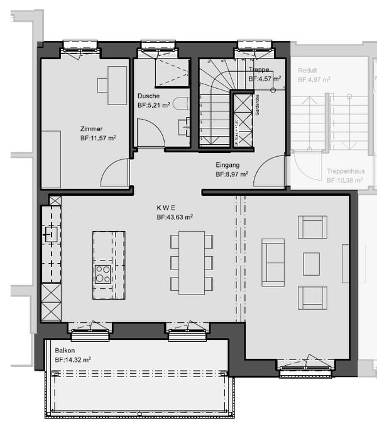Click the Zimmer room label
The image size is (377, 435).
point(91,128)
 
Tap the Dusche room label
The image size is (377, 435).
point(148,96)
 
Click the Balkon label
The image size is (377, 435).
point(65,350)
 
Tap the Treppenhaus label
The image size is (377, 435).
point(344,171)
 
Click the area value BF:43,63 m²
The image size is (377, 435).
point(175,217)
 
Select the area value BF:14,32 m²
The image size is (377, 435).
point(72,359)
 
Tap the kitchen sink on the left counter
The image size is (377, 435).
point(50,234)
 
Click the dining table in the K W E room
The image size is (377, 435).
point(192,263)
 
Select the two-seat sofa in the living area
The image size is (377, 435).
point(273,262)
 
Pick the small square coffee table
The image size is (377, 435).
point(312,264)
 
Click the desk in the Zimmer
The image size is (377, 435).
point(117,85)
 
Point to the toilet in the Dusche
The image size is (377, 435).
point(180,105)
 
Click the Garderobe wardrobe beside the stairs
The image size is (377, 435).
point(242,120)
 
